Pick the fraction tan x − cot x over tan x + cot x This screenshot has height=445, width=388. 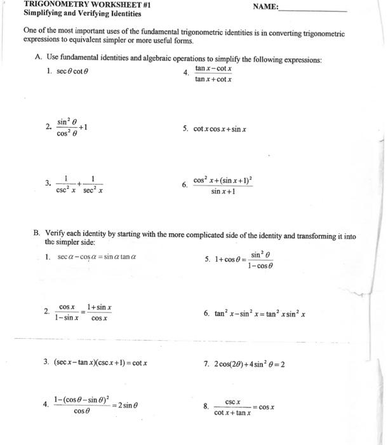(x=213, y=74)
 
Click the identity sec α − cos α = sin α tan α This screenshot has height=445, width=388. (x=97, y=257)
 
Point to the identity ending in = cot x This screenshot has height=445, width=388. (x=100, y=363)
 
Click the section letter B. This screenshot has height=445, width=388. (x=37, y=235)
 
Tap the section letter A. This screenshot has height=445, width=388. (x=38, y=59)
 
